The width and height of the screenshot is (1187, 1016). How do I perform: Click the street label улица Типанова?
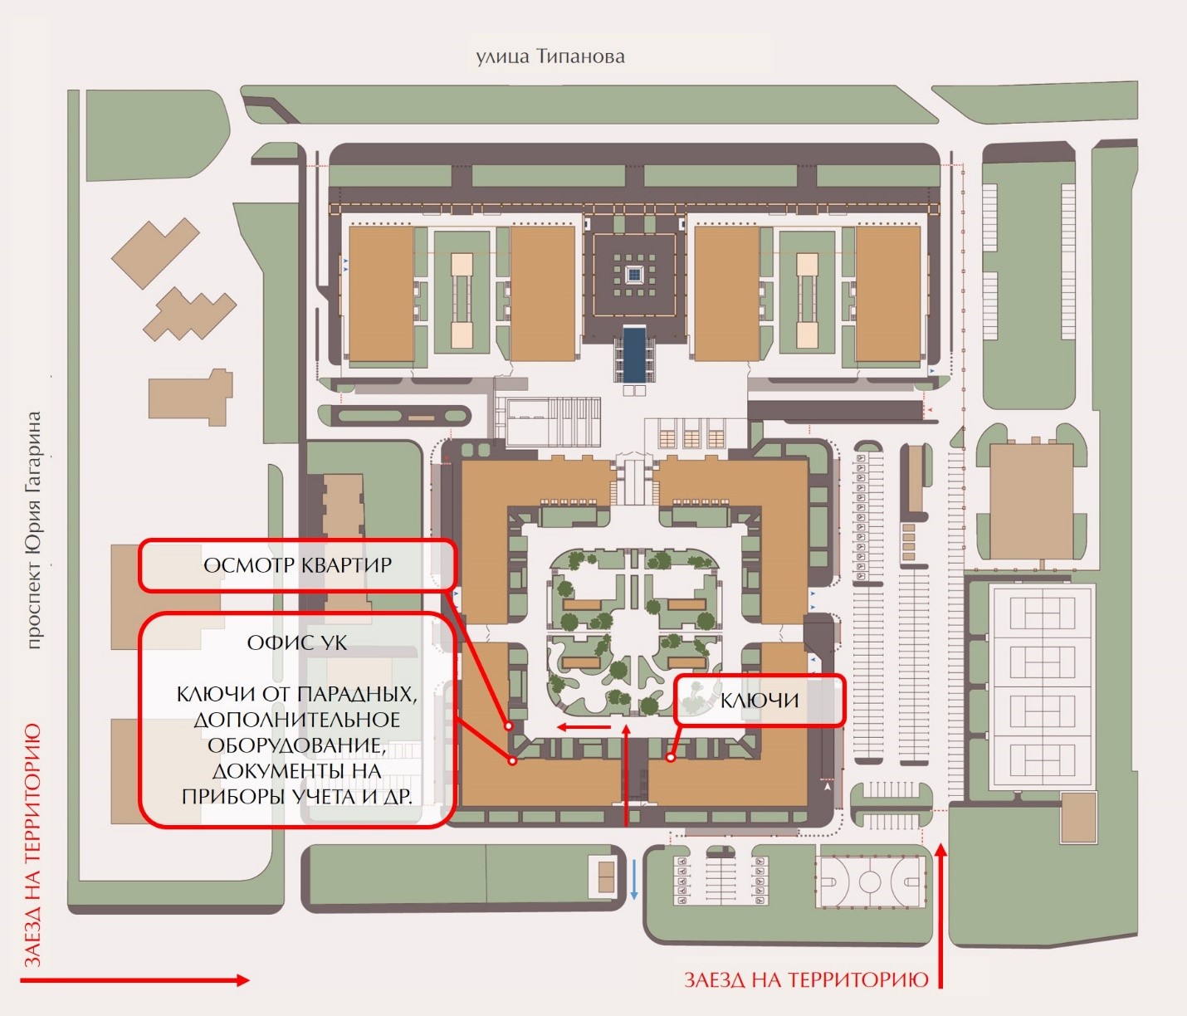pyautogui.click(x=550, y=56)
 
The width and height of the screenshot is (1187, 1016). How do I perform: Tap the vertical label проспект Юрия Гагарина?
pyautogui.click(x=33, y=530)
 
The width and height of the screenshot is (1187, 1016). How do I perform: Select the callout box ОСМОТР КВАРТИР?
pyautogui.click(x=297, y=565)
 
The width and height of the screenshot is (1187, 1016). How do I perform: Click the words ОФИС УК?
pyautogui.click(x=297, y=642)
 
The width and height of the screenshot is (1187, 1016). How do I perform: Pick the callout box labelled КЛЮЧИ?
pyautogui.click(x=760, y=700)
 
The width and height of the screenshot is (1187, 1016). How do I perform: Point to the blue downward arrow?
pyautogui.click(x=634, y=880)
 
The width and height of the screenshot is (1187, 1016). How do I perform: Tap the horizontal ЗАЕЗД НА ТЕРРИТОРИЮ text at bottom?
pyautogui.click(x=806, y=979)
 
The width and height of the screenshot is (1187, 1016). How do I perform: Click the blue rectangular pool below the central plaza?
pyautogui.click(x=634, y=353)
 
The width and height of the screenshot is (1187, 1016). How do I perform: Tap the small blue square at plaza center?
pyautogui.click(x=634, y=274)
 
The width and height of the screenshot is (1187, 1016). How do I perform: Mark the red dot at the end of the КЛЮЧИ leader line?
pyautogui.click(x=670, y=757)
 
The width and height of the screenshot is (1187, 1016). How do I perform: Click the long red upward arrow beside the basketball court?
pyautogui.click(x=940, y=913)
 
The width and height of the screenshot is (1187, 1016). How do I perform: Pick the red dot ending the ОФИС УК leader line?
pyautogui.click(x=513, y=760)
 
